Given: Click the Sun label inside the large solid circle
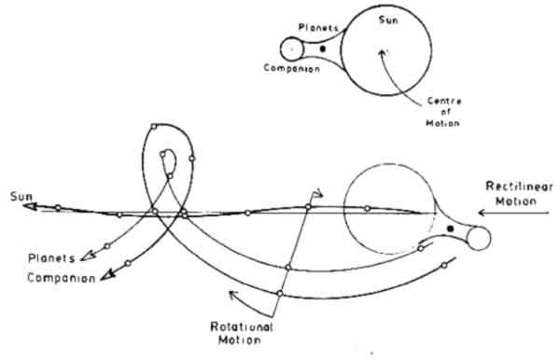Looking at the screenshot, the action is (388, 20).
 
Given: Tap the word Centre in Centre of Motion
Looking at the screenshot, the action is (444, 101).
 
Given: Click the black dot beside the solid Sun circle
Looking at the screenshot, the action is (323, 48).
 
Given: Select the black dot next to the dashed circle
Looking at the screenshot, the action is (451, 228).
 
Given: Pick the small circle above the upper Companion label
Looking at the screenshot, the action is (292, 49).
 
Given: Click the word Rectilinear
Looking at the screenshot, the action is (519, 187).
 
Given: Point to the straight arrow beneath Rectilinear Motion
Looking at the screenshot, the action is (513, 213).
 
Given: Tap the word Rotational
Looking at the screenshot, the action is (242, 326).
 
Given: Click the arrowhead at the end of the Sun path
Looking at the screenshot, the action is (32, 207).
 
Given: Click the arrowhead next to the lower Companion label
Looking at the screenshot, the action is (107, 275).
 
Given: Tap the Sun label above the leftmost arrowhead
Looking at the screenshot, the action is (21, 196).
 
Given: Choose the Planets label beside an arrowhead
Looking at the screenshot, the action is (51, 258).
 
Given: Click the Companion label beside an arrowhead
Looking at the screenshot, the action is (62, 278).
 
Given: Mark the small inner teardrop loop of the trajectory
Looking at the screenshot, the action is (167, 162).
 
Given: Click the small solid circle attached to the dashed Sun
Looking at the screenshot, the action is (479, 239).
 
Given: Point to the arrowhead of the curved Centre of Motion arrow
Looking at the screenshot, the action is (382, 53).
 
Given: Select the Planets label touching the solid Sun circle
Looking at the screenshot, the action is (318, 27).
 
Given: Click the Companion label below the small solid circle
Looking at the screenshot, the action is (292, 68).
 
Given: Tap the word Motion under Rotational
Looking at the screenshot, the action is (239, 339).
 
